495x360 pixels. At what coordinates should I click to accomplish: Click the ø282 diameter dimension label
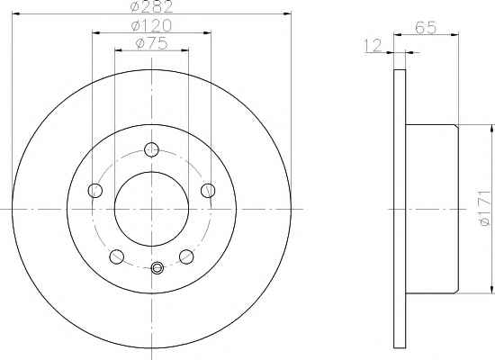click(151, 6)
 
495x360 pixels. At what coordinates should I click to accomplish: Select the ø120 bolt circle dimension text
click(151, 25)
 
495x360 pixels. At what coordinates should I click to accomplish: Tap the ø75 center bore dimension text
click(151, 43)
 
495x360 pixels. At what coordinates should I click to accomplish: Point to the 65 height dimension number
click(426, 28)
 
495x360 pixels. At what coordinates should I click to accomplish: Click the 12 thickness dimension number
click(373, 46)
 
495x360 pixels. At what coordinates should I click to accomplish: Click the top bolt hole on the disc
click(151, 149)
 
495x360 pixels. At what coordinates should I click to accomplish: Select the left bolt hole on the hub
click(95, 191)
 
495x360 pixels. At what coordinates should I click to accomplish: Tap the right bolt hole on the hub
click(208, 191)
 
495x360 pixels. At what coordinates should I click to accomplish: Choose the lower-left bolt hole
click(116, 256)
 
